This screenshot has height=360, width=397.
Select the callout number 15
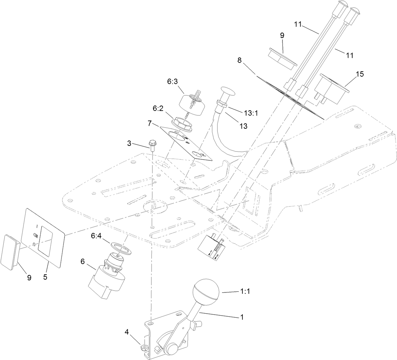(x=359, y=74)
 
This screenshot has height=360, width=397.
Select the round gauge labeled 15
(x=329, y=88)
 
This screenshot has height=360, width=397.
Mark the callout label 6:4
(x=96, y=236)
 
